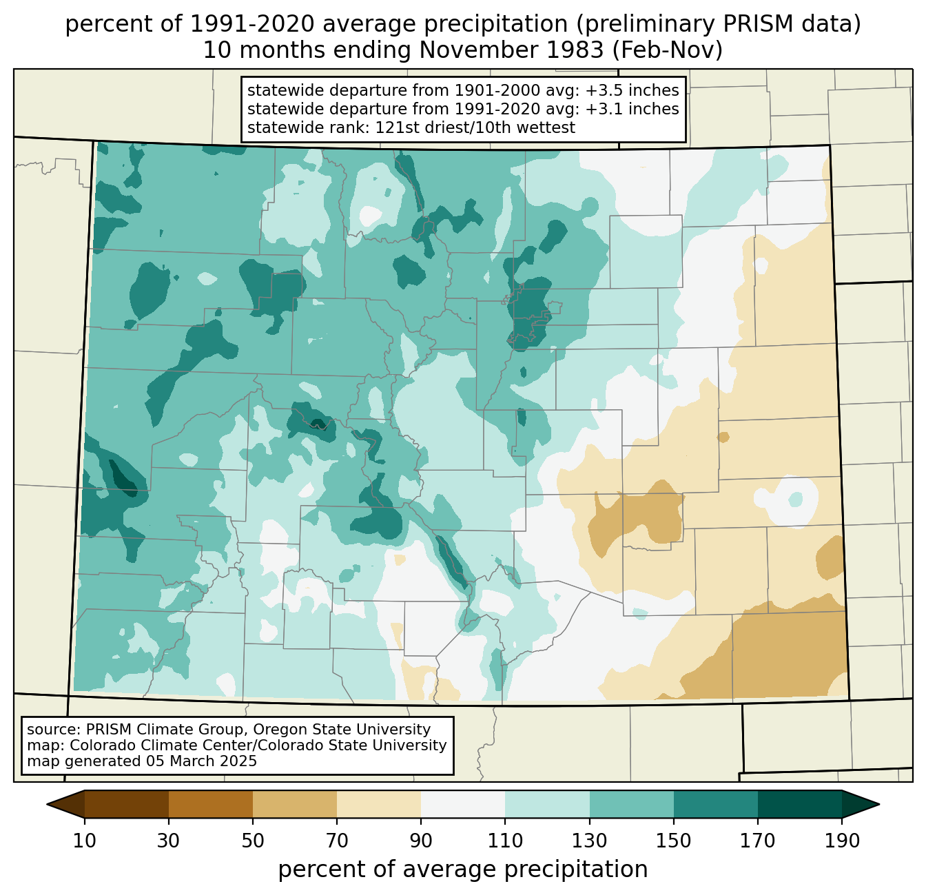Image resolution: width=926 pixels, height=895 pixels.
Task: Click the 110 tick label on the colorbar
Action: point(505,841)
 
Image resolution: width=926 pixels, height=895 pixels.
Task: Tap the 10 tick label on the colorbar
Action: point(84,841)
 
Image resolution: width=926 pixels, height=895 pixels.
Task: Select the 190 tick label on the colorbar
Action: point(842,841)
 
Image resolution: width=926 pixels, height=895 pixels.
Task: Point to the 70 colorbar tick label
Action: point(337,841)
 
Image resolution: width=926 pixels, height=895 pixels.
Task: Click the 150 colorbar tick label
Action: point(673,841)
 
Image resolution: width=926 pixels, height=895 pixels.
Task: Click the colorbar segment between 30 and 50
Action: point(210,805)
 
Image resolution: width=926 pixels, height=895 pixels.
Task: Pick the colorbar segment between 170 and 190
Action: point(799,805)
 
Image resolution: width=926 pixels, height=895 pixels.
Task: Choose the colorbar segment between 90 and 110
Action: point(463,805)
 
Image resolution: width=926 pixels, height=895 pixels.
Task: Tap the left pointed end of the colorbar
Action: point(47,805)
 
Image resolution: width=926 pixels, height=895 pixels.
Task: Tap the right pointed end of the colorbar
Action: point(879,805)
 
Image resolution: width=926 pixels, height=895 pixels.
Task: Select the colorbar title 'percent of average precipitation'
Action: point(462,869)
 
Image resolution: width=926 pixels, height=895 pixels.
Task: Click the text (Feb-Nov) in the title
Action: point(667,50)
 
